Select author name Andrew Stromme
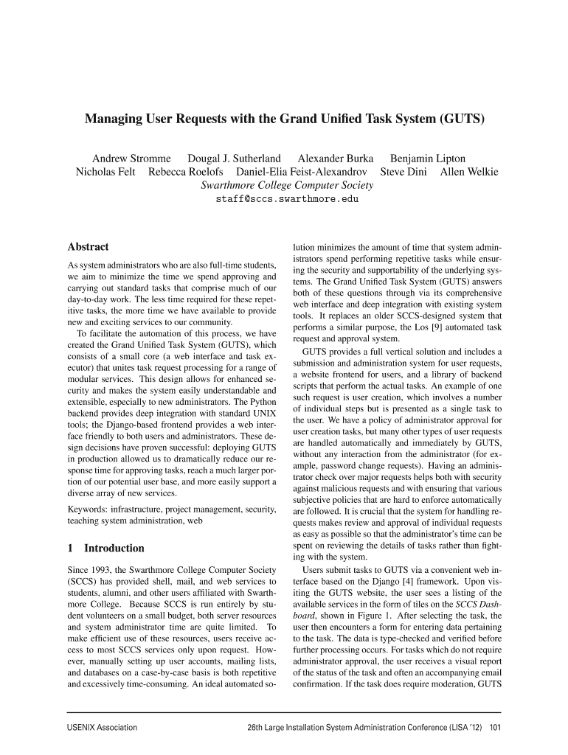[x=131, y=159]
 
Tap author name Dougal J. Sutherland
[x=234, y=159]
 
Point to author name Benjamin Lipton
[x=427, y=159]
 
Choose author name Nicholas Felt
[x=105, y=173]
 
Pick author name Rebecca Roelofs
[x=185, y=173]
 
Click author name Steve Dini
[x=404, y=173]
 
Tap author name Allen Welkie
[x=469, y=173]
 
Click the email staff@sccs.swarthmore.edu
[x=287, y=199]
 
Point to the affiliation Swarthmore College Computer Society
[x=287, y=186]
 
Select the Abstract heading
[x=88, y=247]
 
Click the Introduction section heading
[x=114, y=548]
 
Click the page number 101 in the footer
[x=494, y=728]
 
